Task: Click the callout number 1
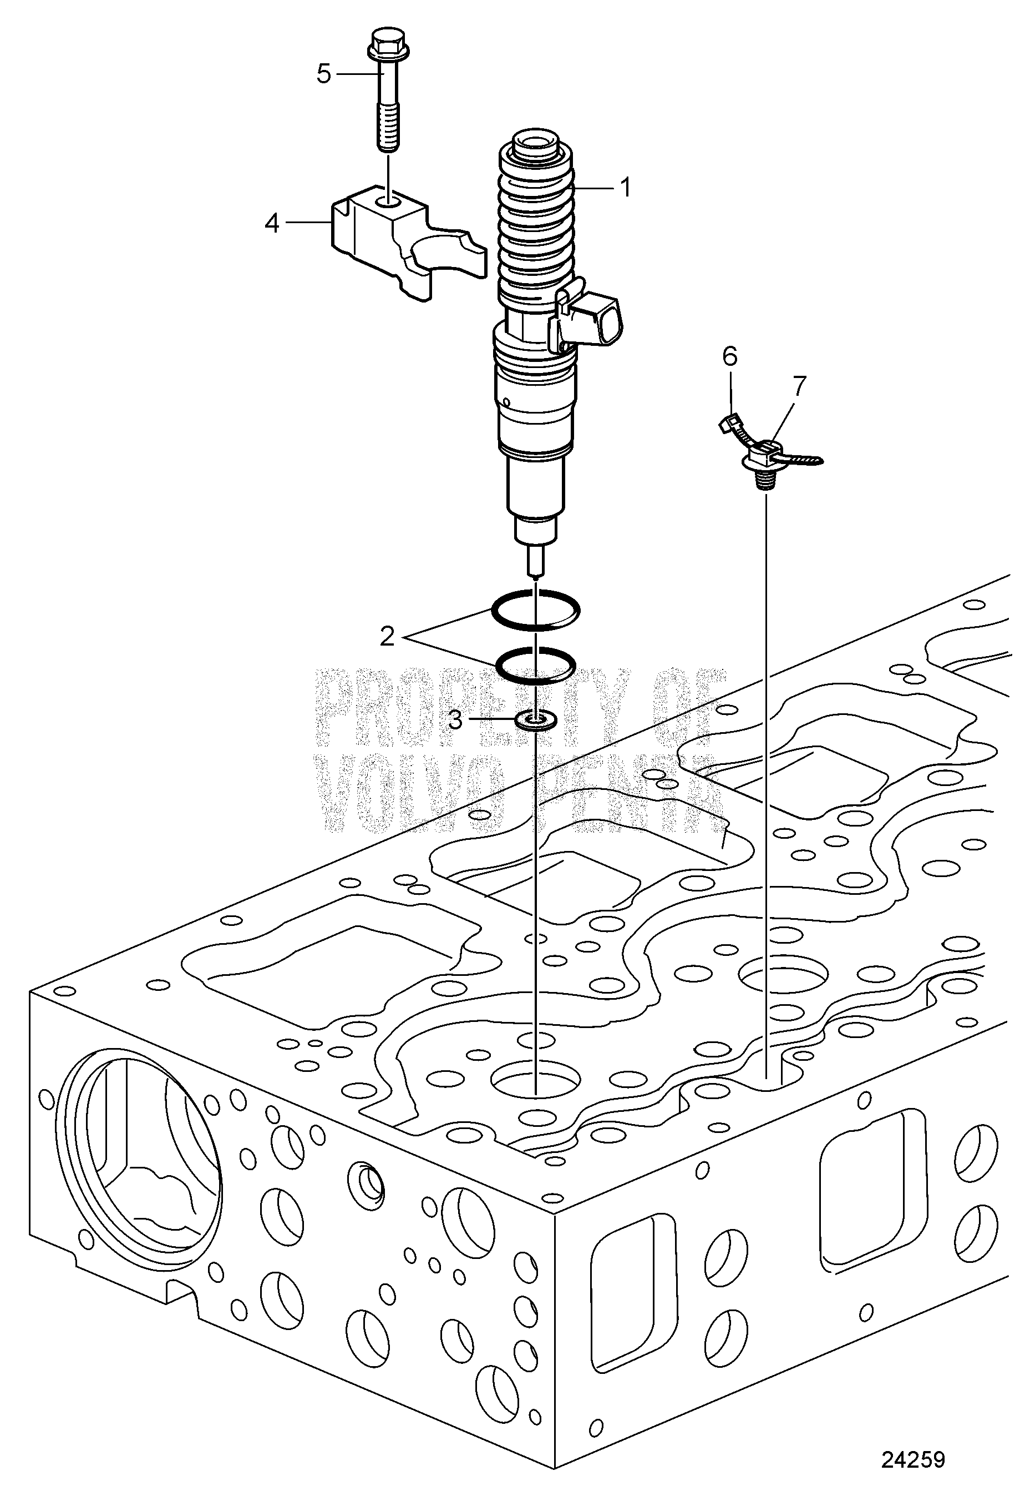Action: (624, 188)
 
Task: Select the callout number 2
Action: (387, 637)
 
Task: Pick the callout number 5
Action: (323, 74)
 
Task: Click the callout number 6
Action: (729, 356)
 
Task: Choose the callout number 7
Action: (799, 386)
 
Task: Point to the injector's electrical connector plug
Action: (591, 320)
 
